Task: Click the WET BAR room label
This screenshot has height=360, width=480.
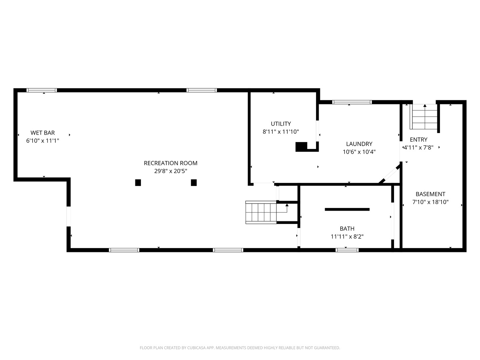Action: [43, 133]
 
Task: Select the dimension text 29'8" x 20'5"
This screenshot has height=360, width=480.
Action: [170, 171]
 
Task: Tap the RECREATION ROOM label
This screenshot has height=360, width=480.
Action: [170, 163]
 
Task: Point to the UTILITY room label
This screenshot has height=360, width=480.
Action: [281, 124]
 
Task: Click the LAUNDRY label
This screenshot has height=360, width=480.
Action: [359, 144]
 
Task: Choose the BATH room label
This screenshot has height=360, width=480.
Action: [347, 229]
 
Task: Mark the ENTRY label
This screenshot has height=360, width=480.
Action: [418, 140]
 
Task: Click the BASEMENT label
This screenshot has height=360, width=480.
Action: [430, 194]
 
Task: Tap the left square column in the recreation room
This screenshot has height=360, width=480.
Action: [138, 183]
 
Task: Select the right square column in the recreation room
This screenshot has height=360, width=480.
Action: [194, 183]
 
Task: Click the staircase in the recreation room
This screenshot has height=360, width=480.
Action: [261, 212]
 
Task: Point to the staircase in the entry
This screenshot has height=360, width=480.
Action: [424, 117]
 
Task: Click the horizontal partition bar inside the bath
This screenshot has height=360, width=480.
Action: [347, 209]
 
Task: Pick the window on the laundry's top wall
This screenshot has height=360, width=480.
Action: [352, 102]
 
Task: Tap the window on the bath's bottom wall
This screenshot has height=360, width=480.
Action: [347, 250]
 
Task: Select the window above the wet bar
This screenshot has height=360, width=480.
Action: [42, 90]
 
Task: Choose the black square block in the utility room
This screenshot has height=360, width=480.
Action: [301, 147]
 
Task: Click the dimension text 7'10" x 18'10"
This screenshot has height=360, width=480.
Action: [430, 202]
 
